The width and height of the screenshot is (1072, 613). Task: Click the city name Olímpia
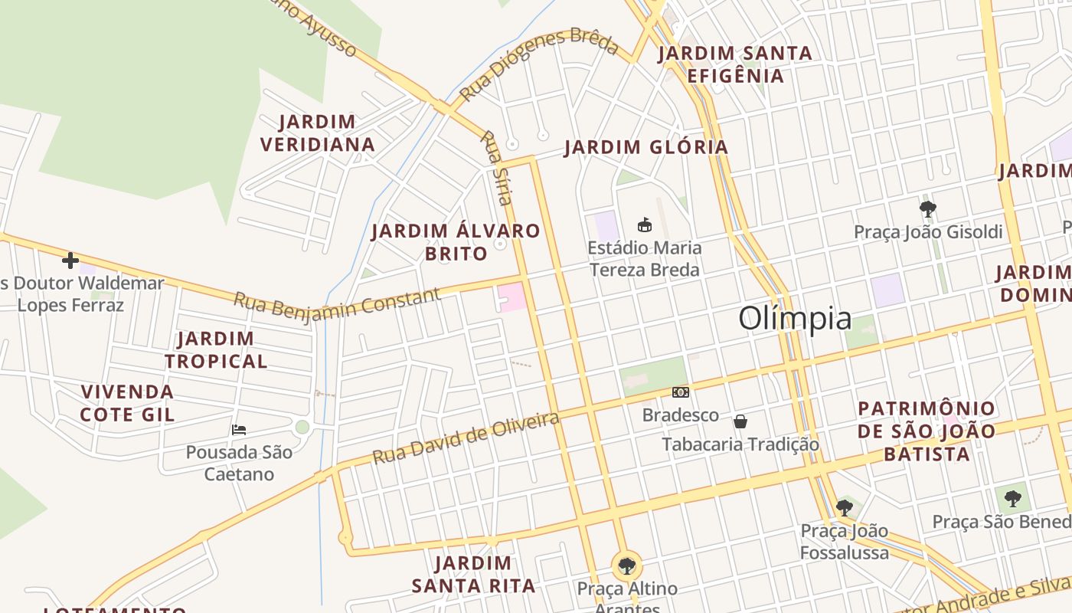[x=795, y=318]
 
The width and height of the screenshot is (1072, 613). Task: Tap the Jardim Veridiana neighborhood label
[x=317, y=133]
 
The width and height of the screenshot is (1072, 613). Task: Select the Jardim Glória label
[x=645, y=147]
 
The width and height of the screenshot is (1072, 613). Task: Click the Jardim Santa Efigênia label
[x=735, y=64]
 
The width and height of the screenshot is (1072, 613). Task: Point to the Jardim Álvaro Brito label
[x=456, y=241]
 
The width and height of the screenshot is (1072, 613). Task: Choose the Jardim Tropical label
[x=216, y=349]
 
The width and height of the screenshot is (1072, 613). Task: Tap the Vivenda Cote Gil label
[x=128, y=403]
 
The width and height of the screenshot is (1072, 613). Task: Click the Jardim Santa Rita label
[x=473, y=575]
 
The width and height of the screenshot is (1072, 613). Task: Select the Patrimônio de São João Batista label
[x=927, y=431]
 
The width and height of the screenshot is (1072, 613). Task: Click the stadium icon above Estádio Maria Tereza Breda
[x=645, y=225]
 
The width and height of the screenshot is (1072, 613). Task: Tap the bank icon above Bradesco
[x=680, y=392]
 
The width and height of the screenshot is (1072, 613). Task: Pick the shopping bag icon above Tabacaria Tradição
[x=740, y=421]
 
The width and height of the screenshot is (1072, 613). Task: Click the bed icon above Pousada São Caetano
[x=239, y=429]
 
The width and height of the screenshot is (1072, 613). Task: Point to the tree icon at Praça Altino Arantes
[x=627, y=566]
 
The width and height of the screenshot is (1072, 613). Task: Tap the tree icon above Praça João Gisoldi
[x=927, y=208]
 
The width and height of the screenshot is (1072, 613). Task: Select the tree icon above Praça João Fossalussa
[x=845, y=507]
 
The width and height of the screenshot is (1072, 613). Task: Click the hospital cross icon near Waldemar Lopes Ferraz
[x=70, y=261]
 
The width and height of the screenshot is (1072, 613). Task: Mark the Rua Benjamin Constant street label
[x=337, y=303]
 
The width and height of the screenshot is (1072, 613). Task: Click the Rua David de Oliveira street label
[x=466, y=438]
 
